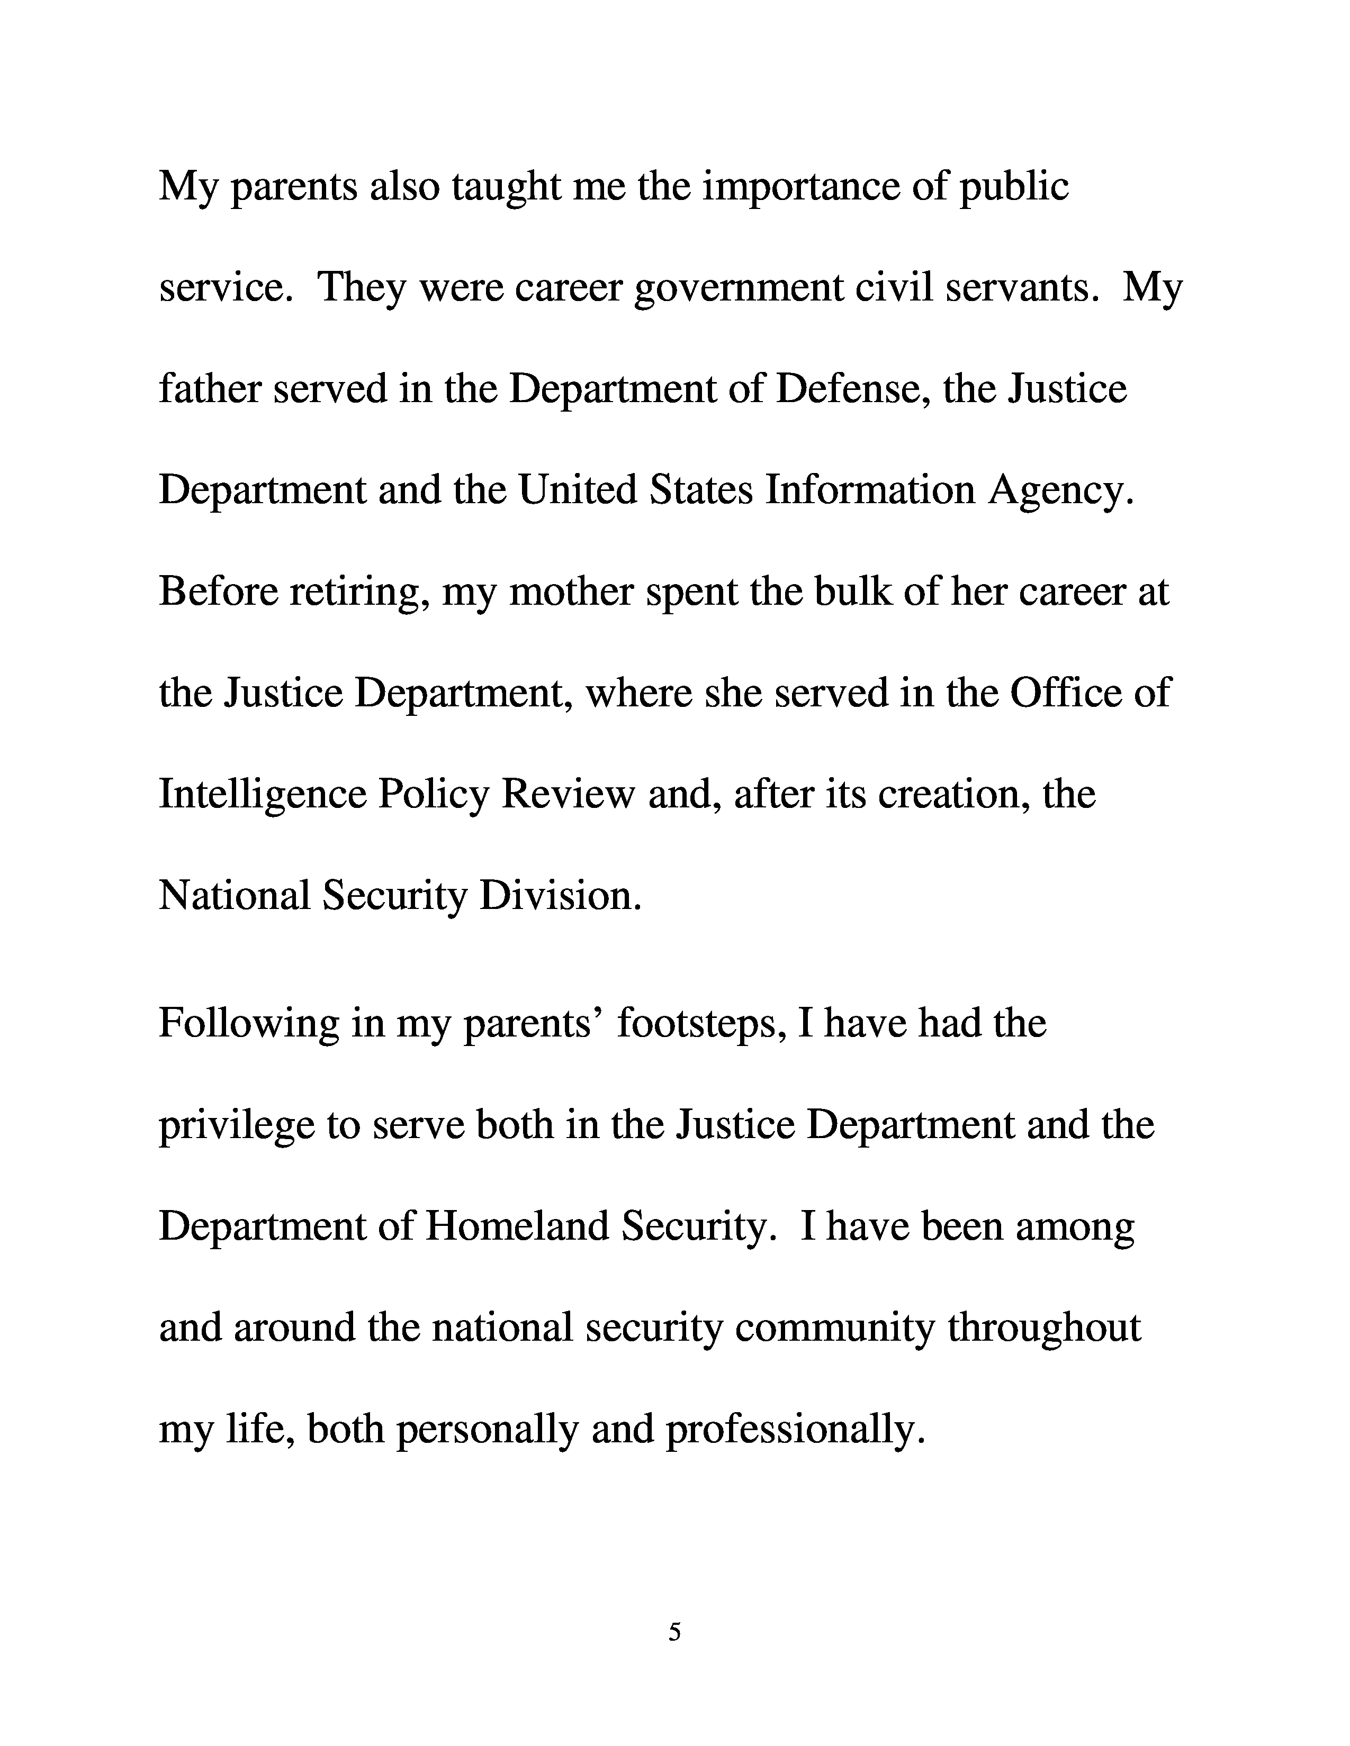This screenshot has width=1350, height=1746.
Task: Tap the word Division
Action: (560, 895)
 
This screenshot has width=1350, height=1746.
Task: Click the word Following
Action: (248, 1024)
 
